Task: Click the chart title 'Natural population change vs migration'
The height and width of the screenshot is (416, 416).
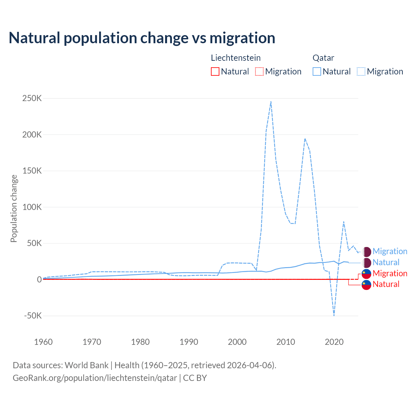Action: pyautogui.click(x=142, y=38)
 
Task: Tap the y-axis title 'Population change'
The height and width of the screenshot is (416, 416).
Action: pyautogui.click(x=14, y=208)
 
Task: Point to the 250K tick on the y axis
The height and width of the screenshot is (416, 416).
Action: pyautogui.click(x=32, y=98)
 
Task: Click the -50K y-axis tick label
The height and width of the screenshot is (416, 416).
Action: pyautogui.click(x=33, y=316)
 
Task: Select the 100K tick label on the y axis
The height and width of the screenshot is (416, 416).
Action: pyautogui.click(x=32, y=207)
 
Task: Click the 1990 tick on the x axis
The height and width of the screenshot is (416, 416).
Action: pyautogui.click(x=189, y=342)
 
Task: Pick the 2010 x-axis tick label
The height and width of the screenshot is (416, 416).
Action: pyautogui.click(x=286, y=342)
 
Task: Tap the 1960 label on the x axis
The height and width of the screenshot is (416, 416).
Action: pyautogui.click(x=43, y=342)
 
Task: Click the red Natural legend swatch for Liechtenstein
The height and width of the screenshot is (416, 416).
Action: pyautogui.click(x=215, y=71)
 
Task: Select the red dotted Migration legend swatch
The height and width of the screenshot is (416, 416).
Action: pyautogui.click(x=259, y=71)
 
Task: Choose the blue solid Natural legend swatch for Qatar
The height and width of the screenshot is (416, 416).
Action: pyautogui.click(x=317, y=71)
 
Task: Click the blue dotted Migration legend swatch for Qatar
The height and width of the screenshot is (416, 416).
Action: pyautogui.click(x=361, y=71)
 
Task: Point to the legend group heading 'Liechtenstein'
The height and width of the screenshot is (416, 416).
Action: pyautogui.click(x=236, y=58)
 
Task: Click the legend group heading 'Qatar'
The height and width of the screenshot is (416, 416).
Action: pyautogui.click(x=323, y=58)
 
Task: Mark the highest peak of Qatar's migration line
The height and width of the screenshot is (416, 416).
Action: pyautogui.click(x=271, y=101)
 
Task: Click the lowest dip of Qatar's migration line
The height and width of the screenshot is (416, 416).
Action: pyautogui.click(x=334, y=315)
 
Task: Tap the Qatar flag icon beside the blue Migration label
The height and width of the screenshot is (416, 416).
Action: pyautogui.click(x=366, y=252)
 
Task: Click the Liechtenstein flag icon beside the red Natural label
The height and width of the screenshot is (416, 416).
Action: pyautogui.click(x=366, y=284)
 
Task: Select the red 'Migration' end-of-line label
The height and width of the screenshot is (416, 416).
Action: pyautogui.click(x=390, y=273)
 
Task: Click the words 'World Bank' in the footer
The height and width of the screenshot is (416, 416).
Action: pyautogui.click(x=86, y=365)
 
